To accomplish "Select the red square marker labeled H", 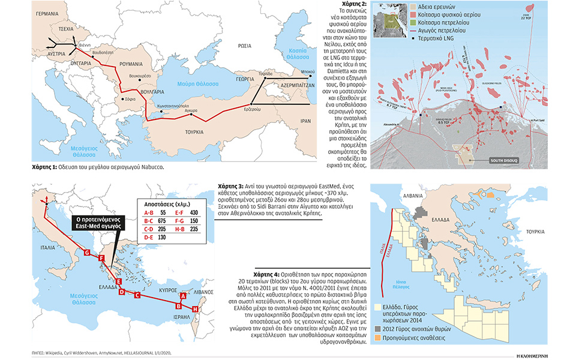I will [195, 308].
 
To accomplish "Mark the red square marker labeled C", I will [137, 295].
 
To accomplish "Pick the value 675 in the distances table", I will [163, 220].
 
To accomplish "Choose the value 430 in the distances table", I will [193, 212].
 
